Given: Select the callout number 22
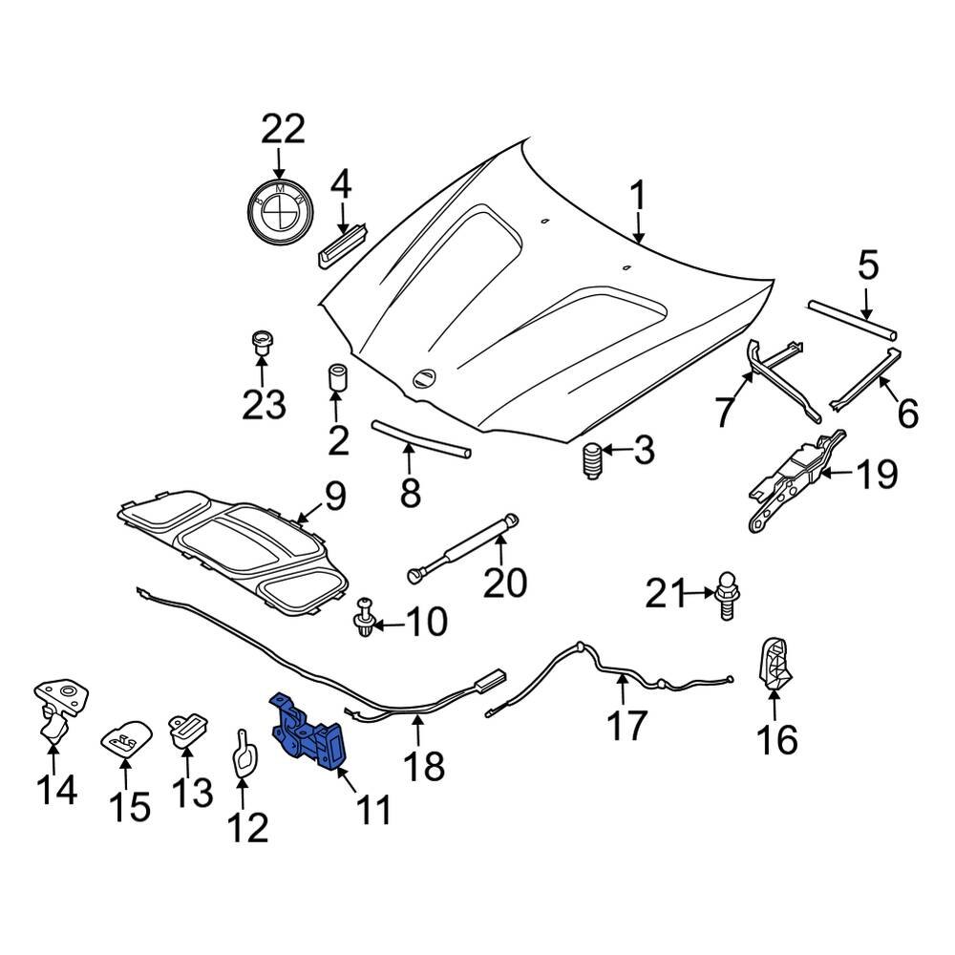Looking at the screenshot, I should [280, 128].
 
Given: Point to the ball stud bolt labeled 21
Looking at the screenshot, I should [726, 597].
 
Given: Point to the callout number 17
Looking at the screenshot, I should [627, 725].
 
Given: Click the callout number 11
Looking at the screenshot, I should [373, 811].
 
